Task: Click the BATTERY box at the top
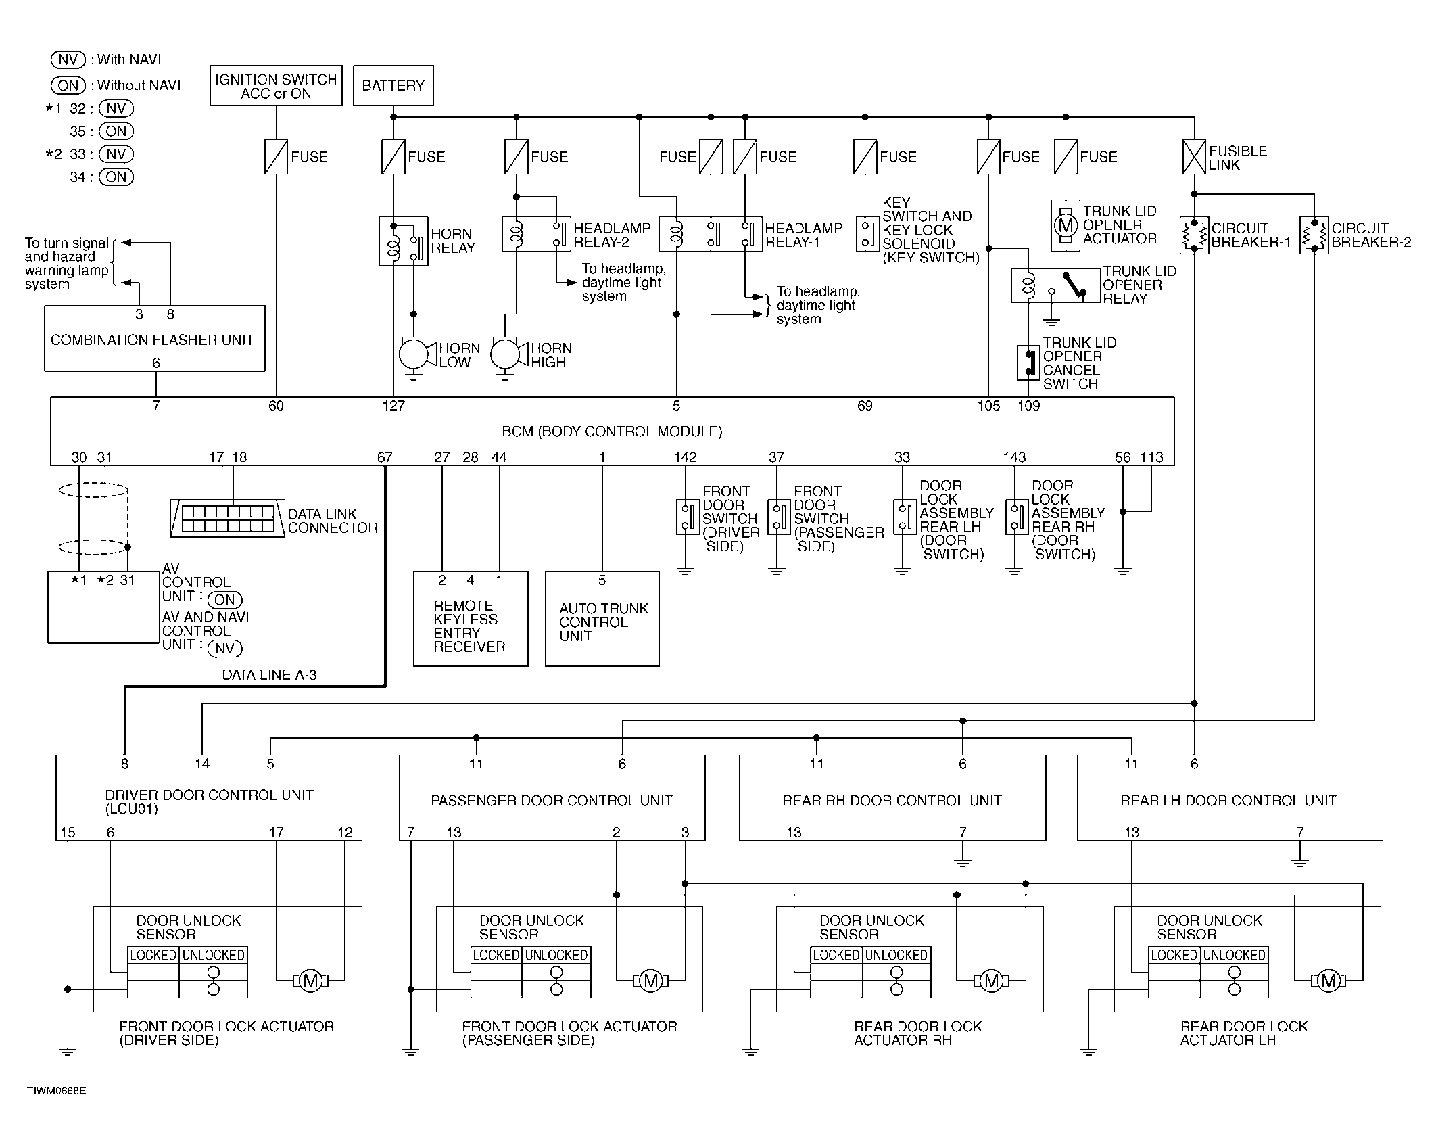(x=393, y=85)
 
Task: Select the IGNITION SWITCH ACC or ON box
(x=276, y=85)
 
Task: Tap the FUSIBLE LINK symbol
(x=1194, y=157)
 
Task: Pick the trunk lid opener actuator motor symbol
(x=1066, y=225)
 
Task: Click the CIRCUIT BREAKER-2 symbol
(x=1314, y=235)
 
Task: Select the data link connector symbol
(x=228, y=519)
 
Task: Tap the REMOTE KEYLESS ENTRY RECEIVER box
(x=471, y=619)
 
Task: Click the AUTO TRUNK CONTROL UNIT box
(x=602, y=619)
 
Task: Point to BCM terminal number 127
(x=393, y=406)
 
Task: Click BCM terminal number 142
(x=685, y=457)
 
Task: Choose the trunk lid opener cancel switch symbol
(x=1028, y=363)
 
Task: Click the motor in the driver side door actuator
(x=310, y=981)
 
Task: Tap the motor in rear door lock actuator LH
(x=1329, y=981)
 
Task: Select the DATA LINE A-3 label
(x=269, y=675)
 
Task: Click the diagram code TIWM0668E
(x=57, y=1091)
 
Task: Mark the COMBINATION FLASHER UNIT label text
(x=152, y=340)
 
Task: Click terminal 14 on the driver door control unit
(x=202, y=764)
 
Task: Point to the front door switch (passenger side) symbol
(x=779, y=517)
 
